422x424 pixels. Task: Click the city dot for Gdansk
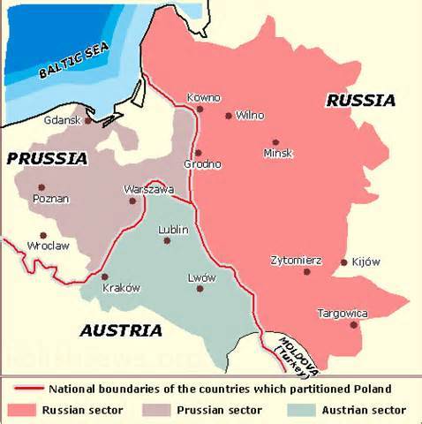(88, 120)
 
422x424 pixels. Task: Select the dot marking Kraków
(104, 276)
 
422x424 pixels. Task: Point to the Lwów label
(201, 277)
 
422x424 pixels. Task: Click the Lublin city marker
(167, 240)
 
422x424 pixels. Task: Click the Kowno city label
(203, 97)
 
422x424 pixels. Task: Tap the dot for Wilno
(228, 115)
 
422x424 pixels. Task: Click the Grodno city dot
(198, 153)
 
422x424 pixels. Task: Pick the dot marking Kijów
(343, 262)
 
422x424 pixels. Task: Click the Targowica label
(342, 313)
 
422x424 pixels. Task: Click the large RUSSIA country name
(360, 101)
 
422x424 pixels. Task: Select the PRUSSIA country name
(47, 159)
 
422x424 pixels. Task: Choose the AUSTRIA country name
(121, 331)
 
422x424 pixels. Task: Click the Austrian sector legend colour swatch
(300, 409)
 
